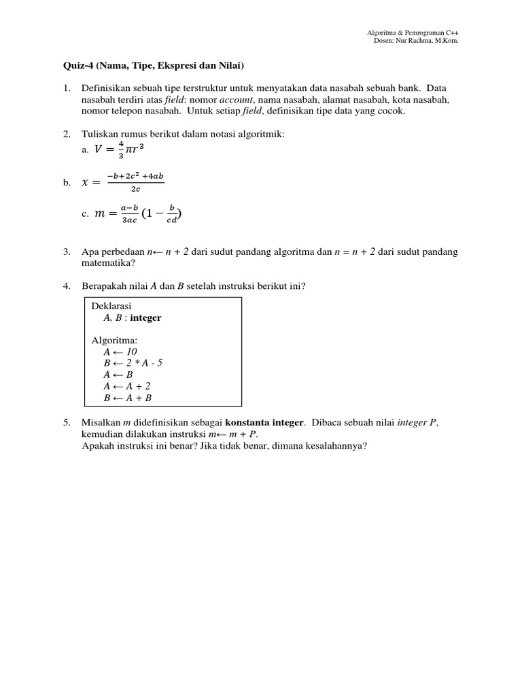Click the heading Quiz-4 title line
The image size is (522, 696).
click(149, 66)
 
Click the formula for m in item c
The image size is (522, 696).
click(134, 214)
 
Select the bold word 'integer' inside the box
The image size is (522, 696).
click(146, 317)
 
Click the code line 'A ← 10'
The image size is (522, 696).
click(120, 351)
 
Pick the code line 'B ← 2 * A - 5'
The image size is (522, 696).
click(133, 363)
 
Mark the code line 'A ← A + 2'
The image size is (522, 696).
click(127, 386)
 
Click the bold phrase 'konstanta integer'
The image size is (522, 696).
click(265, 422)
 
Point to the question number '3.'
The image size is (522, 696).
click(67, 251)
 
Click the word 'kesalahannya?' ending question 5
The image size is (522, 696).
click(336, 445)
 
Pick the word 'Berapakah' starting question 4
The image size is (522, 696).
click(102, 285)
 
